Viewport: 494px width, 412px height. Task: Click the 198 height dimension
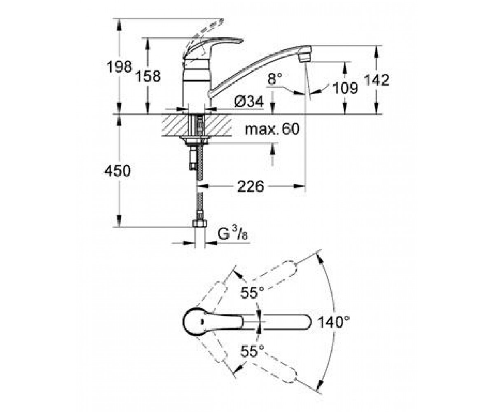click(x=119, y=67)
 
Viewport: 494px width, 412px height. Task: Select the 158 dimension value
click(x=148, y=76)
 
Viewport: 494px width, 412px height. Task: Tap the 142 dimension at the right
click(x=377, y=80)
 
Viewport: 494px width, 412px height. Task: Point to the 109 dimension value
click(x=345, y=88)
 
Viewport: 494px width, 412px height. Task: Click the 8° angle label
click(x=275, y=79)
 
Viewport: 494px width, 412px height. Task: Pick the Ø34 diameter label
click(x=249, y=102)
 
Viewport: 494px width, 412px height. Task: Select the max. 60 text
click(x=272, y=129)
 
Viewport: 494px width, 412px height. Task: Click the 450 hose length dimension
click(x=117, y=171)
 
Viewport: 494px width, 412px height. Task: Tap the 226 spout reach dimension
click(x=251, y=186)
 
